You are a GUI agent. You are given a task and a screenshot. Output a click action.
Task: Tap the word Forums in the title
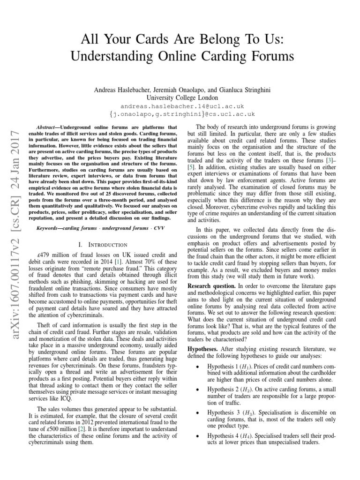(x=269, y=57)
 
